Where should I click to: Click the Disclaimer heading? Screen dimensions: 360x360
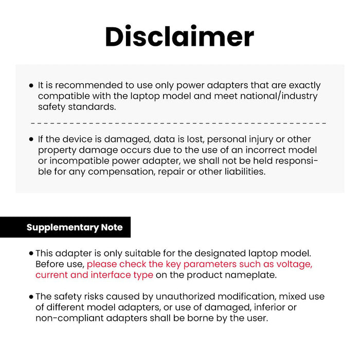[179, 37]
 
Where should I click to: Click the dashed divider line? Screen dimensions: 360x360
[178, 123]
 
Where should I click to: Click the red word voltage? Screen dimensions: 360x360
[293, 264]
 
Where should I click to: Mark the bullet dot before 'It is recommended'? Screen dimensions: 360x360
[32, 85]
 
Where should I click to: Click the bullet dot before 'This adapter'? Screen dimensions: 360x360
[31, 254]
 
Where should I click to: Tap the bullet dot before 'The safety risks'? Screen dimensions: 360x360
[31, 297]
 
